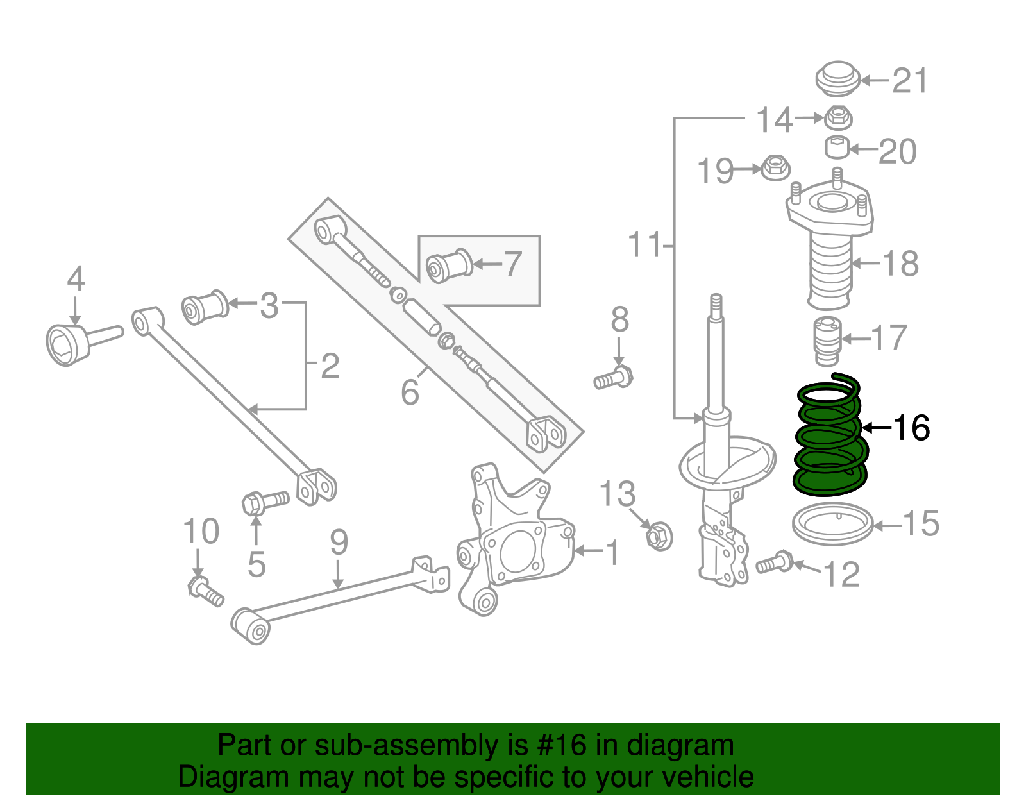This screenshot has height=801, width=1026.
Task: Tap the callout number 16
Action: pos(911,428)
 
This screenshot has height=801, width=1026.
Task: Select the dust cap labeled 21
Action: pos(837,78)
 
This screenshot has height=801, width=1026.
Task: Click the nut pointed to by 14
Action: pos(836,117)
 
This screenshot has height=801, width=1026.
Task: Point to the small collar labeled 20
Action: pos(836,148)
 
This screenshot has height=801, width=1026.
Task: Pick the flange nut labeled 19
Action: pos(775,168)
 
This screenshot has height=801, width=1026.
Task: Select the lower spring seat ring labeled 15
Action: pos(832,524)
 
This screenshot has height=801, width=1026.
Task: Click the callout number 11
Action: pos(644,245)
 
